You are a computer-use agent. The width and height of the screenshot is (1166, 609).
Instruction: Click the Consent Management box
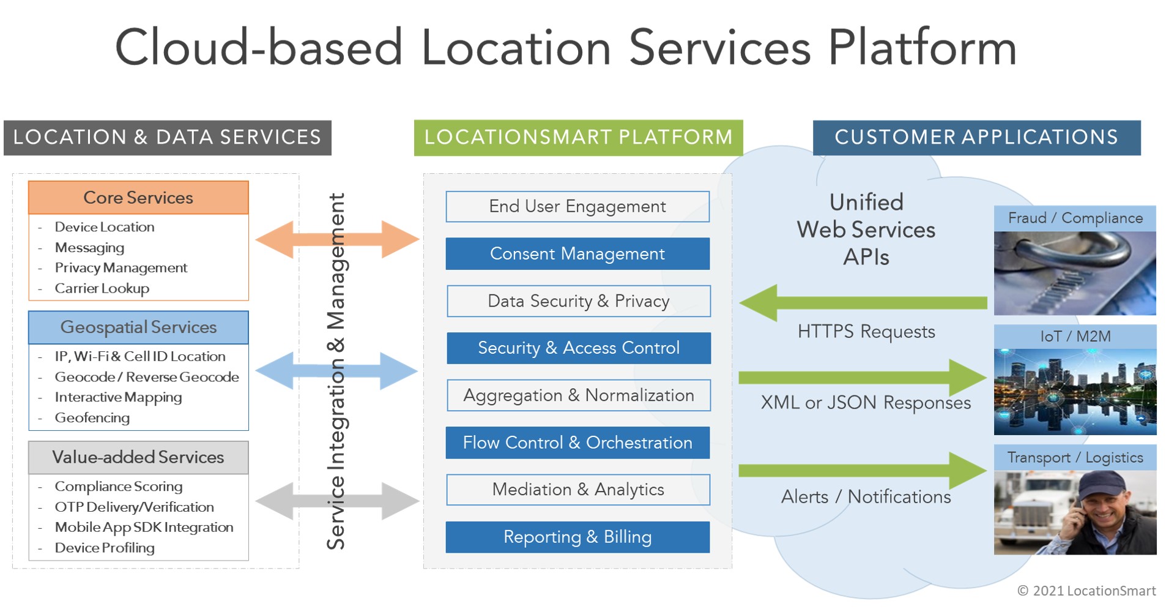coord(577,253)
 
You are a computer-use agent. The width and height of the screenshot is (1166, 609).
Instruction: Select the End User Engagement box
coord(577,206)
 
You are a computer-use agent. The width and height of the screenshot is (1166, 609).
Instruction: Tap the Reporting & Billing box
coord(577,537)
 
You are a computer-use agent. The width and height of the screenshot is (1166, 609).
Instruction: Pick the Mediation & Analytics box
coord(577,490)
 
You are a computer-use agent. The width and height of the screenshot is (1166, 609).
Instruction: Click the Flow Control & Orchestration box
coord(577,443)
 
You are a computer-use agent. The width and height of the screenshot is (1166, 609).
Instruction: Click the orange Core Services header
coord(138,198)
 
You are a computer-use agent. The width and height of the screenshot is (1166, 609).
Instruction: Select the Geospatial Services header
coord(138,327)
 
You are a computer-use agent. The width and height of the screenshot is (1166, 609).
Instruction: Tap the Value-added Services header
coord(138,457)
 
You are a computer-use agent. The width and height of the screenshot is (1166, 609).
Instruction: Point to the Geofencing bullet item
coord(92,418)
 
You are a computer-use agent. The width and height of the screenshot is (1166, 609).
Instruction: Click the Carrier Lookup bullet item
coord(102,288)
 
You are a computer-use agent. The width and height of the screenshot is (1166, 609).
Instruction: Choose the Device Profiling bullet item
coord(105,548)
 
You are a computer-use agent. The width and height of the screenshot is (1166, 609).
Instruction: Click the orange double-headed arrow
coord(336,239)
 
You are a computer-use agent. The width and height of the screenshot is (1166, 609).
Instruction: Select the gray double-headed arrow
coord(336,501)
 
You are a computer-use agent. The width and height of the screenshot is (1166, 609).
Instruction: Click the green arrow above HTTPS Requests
coord(863,302)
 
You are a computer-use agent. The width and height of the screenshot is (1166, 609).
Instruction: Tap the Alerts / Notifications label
coord(866,496)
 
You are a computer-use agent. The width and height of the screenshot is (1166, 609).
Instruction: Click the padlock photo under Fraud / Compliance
coord(1074,273)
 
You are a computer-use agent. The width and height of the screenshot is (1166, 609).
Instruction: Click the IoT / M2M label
coord(1075,336)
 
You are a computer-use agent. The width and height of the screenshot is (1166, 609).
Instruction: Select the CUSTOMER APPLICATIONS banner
coord(976,137)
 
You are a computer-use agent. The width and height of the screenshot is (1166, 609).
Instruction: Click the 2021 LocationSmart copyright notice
coord(1086,591)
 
